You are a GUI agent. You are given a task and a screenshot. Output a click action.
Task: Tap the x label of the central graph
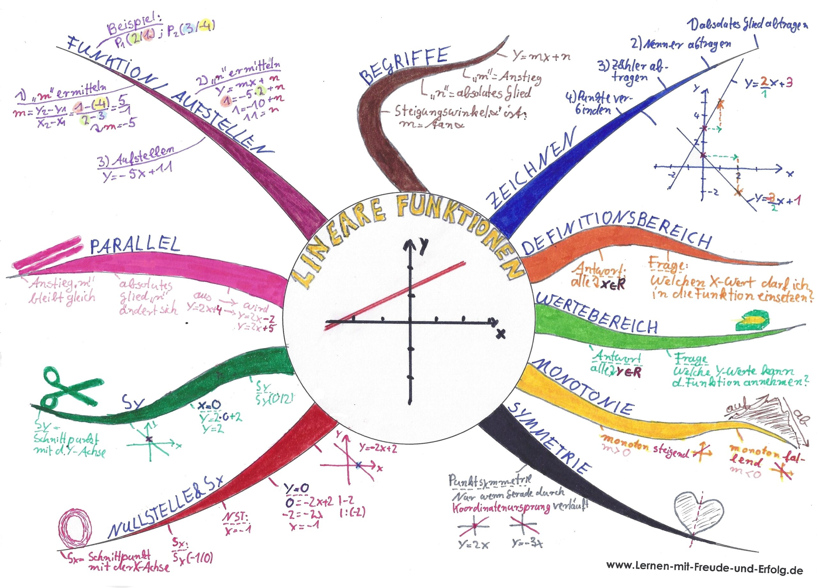(x=500, y=334)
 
